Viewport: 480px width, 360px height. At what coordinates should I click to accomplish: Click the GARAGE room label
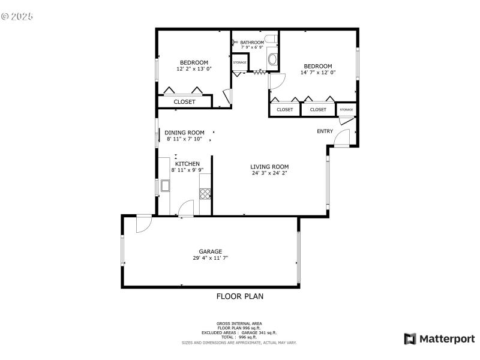211,251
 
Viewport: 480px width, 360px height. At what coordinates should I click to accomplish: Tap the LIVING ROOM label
269,167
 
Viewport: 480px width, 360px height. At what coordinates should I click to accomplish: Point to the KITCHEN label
187,163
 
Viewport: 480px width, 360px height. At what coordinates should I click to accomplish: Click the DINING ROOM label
184,133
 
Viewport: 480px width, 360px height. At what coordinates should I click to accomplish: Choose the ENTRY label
325,131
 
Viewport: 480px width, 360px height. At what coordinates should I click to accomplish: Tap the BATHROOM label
252,43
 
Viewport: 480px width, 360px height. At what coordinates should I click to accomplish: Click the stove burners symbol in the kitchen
205,193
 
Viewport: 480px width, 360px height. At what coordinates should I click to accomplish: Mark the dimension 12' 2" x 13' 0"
194,69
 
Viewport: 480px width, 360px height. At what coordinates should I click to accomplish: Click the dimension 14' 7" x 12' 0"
317,73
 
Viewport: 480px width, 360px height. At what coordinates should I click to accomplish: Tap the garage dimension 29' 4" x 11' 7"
211,258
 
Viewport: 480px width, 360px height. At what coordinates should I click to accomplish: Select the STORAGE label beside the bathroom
239,62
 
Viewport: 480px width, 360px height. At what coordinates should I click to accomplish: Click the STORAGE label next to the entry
346,110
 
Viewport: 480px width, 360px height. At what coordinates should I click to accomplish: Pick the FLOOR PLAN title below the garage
239,296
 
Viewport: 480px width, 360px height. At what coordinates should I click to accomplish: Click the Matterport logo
439,339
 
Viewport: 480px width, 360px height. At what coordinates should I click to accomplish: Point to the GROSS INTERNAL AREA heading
239,323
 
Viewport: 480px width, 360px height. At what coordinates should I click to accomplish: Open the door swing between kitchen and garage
186,209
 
